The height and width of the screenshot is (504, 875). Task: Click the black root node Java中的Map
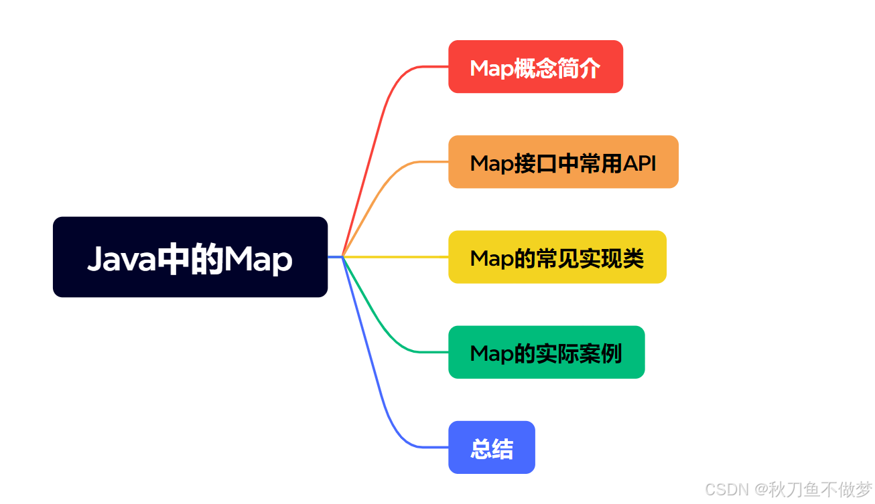point(190,257)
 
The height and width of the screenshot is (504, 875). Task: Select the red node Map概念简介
point(535,67)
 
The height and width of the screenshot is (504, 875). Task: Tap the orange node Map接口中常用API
point(563,162)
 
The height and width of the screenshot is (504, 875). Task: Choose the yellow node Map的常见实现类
point(557,257)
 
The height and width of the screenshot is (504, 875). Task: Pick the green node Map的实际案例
point(547,352)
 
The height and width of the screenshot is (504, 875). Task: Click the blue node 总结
point(492,447)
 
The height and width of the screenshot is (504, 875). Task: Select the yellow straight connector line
point(395,257)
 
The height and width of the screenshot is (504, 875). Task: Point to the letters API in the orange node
point(639,163)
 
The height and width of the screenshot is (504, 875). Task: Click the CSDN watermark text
point(727,489)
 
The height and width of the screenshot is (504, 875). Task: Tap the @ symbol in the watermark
point(761,489)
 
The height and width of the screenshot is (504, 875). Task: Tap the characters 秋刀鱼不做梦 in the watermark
point(821,489)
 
